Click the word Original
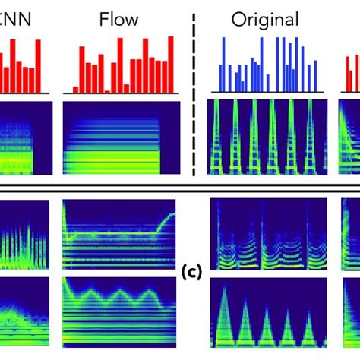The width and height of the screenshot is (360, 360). [265, 18]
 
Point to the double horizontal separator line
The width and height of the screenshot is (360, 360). [180, 187]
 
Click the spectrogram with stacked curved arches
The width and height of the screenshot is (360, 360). [267, 235]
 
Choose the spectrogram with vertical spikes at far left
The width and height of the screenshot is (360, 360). [23, 235]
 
